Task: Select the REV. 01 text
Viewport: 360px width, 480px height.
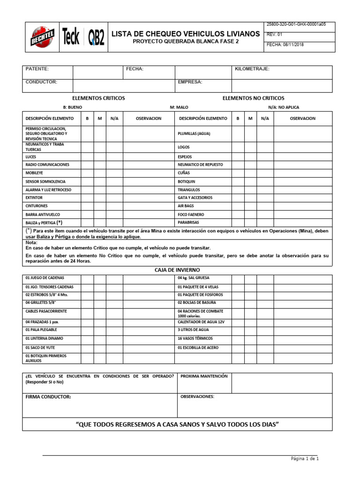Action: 274,34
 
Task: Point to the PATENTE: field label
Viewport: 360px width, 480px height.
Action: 37,69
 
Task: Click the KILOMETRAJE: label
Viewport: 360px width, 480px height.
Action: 252,69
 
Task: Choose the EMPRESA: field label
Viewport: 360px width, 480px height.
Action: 190,82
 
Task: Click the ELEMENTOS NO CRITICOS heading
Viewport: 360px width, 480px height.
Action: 253,98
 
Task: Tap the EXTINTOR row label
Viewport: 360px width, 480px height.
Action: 34,198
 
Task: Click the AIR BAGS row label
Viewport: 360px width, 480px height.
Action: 186,206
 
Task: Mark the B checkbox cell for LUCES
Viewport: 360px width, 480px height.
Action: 87,157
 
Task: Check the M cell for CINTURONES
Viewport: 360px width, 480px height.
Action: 99,206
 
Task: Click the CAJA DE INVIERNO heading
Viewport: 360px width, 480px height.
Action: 177,270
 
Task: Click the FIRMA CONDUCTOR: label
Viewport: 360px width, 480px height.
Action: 48,397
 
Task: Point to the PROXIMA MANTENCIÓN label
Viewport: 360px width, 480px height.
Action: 203,376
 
